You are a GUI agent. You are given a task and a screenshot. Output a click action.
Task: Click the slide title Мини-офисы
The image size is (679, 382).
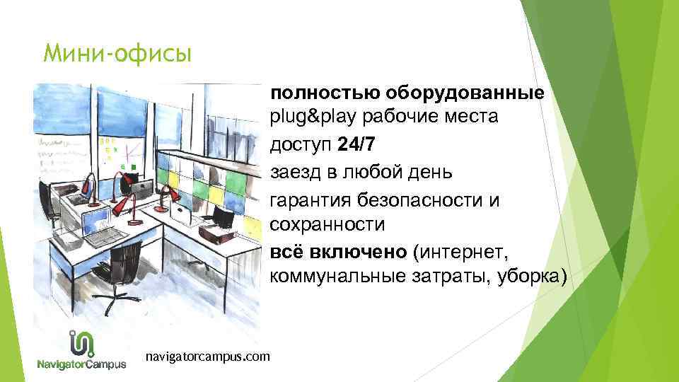117,54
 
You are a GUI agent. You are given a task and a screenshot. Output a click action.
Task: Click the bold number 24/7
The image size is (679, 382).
357,144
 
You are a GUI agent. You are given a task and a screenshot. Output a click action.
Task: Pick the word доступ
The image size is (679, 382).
301,145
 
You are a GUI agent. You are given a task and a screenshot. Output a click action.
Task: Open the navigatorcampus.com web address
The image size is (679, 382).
207,357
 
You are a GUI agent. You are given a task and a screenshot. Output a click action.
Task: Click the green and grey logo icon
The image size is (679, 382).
82,343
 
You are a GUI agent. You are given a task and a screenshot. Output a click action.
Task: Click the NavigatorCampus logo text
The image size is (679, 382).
82,365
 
